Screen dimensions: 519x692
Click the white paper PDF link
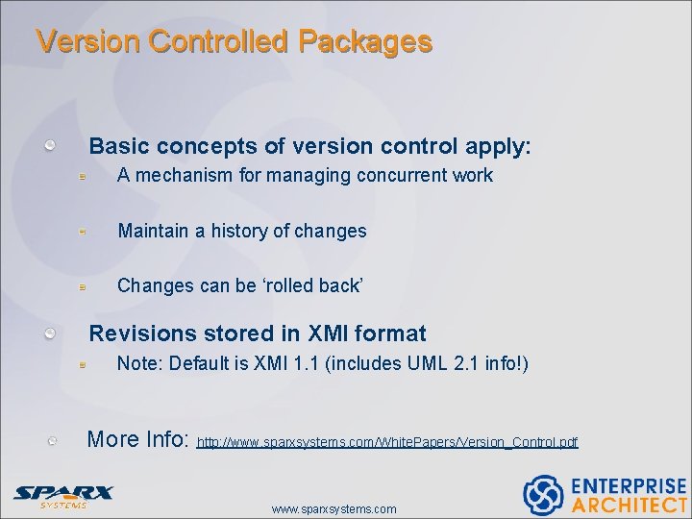click(x=387, y=443)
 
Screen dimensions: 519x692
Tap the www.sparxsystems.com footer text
click(x=334, y=508)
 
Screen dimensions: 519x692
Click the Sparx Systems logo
click(x=62, y=495)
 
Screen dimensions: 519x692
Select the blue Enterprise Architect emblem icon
click(x=542, y=494)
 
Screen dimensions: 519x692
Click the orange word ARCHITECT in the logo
click(x=629, y=505)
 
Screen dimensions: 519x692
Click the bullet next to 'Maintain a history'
click(x=85, y=232)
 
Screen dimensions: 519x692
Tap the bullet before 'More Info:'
click(x=55, y=440)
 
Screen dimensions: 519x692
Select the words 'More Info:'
click(x=137, y=439)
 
